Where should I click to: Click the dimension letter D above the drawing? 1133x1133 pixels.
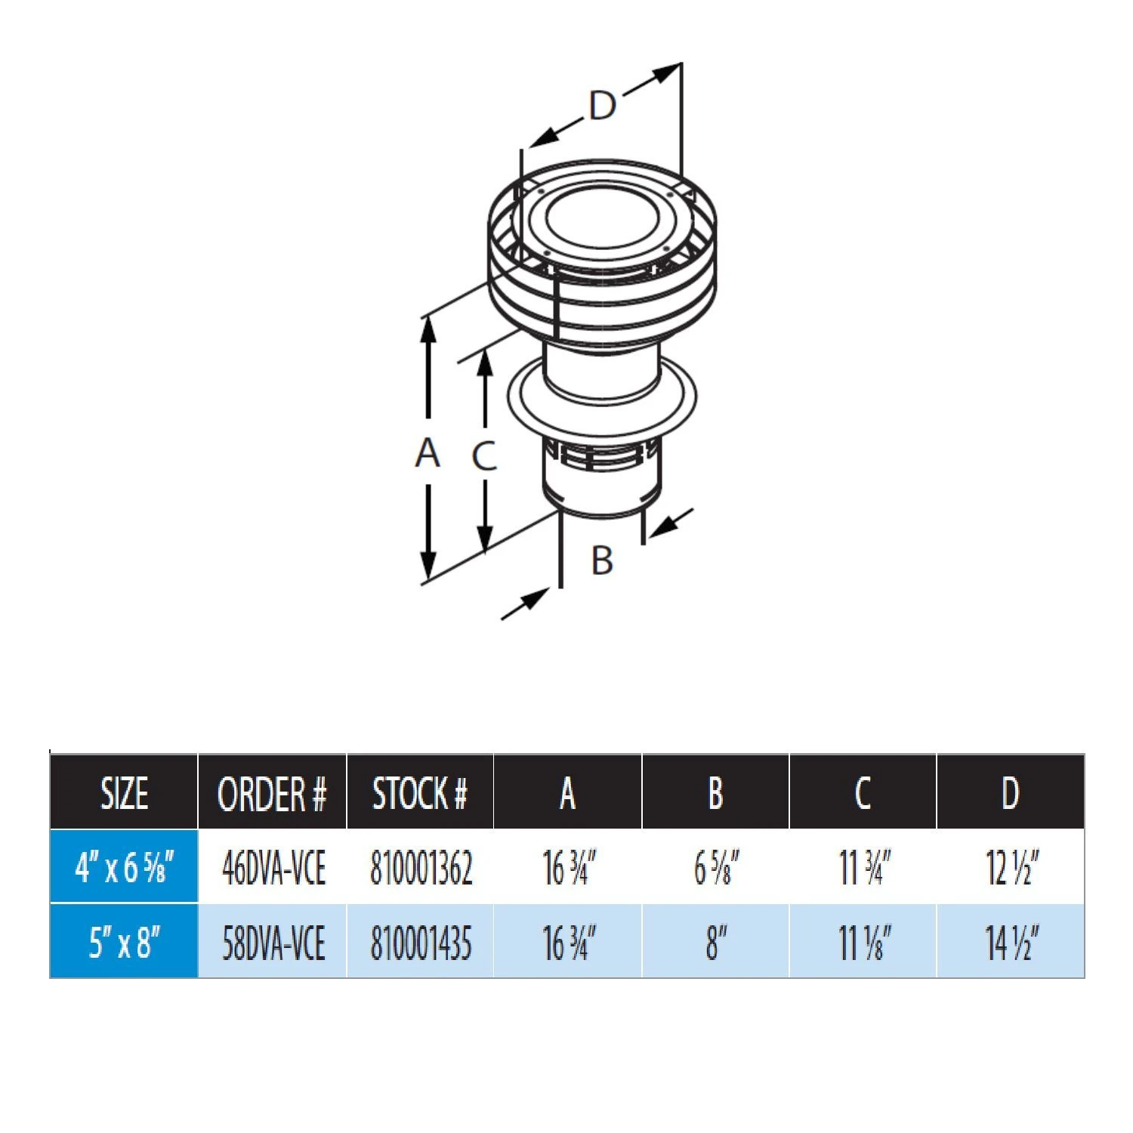click(602, 106)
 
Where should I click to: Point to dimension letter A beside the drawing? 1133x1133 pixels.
click(428, 452)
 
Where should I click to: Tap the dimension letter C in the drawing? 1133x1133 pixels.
click(484, 455)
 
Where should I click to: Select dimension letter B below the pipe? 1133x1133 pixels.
click(602, 560)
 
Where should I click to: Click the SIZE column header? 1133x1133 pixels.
click(124, 793)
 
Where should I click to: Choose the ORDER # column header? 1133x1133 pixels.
click(272, 793)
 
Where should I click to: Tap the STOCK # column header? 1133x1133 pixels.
click(420, 793)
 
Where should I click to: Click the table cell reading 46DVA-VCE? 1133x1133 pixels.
click(273, 868)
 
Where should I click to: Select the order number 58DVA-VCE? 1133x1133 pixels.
click(273, 943)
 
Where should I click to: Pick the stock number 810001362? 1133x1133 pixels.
click(421, 868)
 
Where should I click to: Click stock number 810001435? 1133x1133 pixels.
click(421, 943)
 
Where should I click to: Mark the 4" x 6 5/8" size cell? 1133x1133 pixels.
click(125, 867)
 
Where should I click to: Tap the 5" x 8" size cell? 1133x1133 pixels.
click(125, 943)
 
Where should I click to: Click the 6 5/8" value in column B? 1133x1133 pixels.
click(716, 868)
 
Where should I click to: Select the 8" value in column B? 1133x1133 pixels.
click(716, 943)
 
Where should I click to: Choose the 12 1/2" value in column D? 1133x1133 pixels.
click(1012, 868)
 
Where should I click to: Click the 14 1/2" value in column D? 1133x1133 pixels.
click(1012, 943)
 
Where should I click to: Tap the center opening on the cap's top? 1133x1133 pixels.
click(602, 216)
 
